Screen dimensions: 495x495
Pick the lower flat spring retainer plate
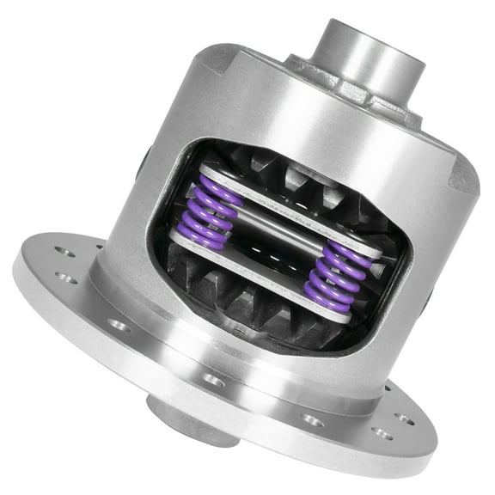(258, 273)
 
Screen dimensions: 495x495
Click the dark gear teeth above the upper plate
(284, 176)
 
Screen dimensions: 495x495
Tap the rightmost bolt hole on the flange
(405, 419)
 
